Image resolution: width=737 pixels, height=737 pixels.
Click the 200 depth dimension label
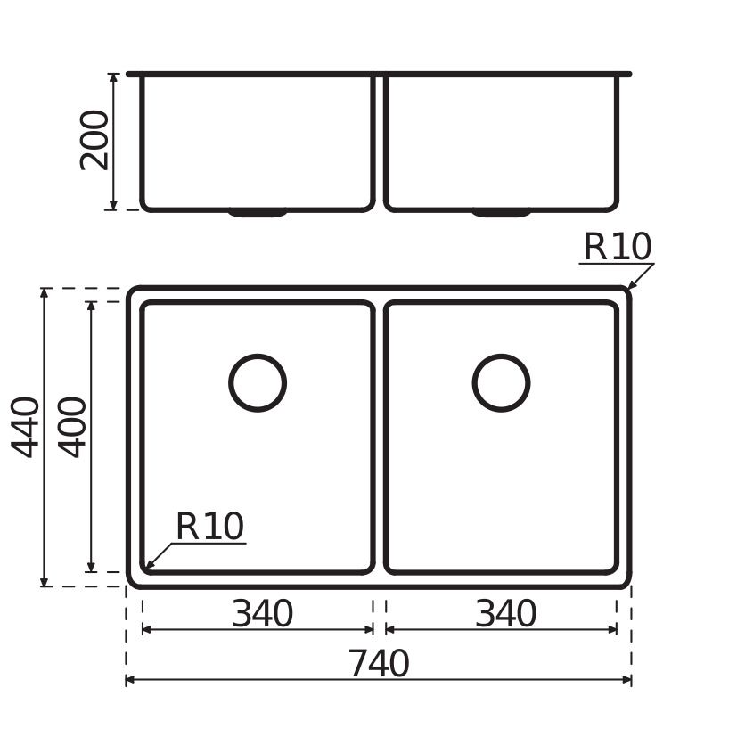[x=94, y=140]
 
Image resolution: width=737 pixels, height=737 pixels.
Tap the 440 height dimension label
[x=25, y=427]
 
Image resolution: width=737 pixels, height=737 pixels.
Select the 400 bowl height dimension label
[x=72, y=427]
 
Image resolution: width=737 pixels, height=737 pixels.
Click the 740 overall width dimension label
[x=379, y=663]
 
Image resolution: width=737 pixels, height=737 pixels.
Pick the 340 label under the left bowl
[x=262, y=613]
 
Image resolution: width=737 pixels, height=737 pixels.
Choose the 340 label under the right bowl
[x=506, y=613]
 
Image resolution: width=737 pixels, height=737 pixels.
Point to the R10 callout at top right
[x=618, y=246]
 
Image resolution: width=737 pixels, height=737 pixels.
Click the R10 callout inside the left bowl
[x=210, y=526]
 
